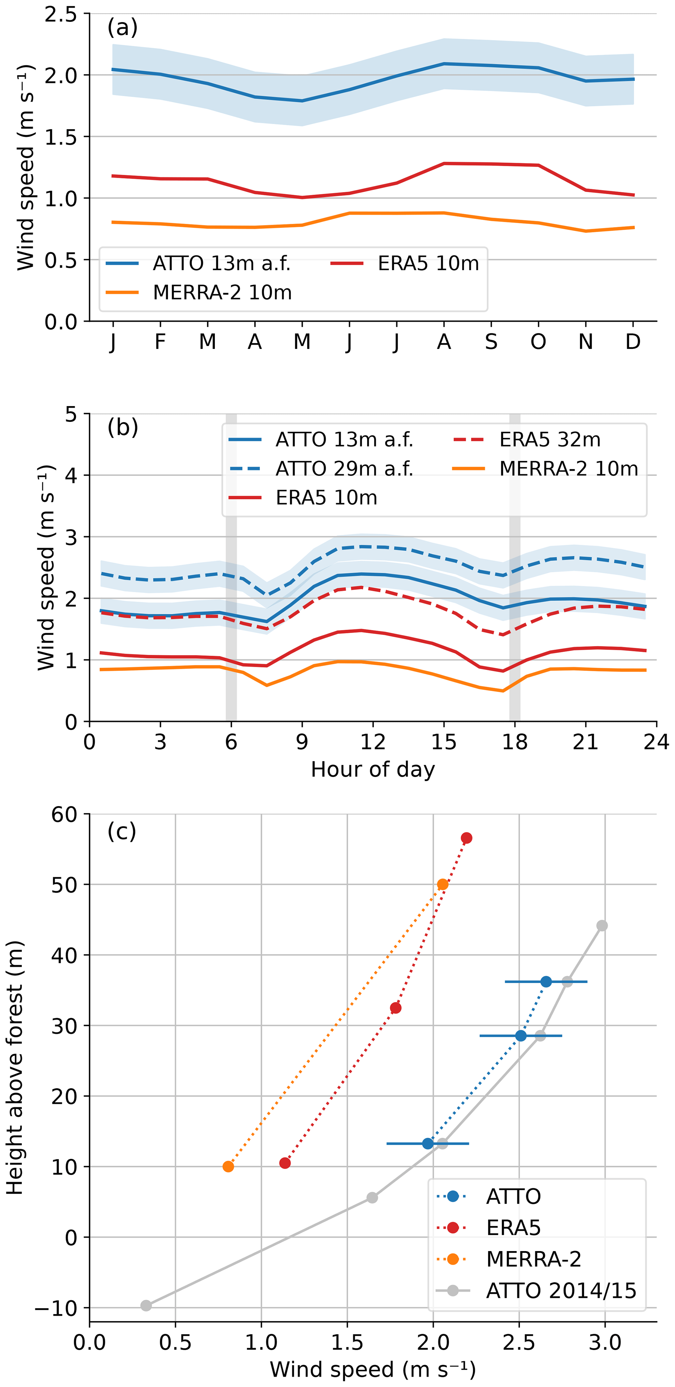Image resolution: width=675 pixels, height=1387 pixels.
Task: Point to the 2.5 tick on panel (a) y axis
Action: pyautogui.click(x=61, y=14)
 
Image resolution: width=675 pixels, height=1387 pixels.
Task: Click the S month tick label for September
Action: pyautogui.click(x=491, y=342)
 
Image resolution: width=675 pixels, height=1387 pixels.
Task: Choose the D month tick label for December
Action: pyautogui.click(x=633, y=342)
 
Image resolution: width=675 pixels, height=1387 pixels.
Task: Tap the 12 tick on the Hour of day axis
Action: pyautogui.click(x=373, y=742)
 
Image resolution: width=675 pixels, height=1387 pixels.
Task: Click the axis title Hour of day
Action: pyautogui.click(x=373, y=769)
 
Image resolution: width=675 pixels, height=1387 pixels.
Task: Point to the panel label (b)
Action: pyautogui.click(x=123, y=427)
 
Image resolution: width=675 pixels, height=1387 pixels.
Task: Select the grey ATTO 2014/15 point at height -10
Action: pyautogui.click(x=146, y=1306)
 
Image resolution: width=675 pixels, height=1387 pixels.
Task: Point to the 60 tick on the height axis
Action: pyautogui.click(x=64, y=814)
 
